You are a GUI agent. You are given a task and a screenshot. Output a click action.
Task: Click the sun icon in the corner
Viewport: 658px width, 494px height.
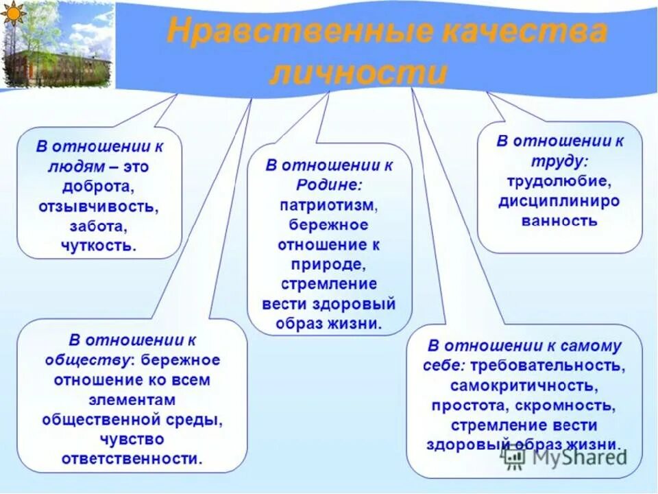(13, 13)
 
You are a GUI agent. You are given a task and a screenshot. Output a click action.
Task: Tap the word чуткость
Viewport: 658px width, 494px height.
(99, 244)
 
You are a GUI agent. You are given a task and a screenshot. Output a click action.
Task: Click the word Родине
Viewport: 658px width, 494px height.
(329, 185)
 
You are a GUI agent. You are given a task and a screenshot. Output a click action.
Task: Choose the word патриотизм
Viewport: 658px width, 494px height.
(329, 205)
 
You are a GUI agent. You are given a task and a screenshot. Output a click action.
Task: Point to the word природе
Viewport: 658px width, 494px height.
(329, 264)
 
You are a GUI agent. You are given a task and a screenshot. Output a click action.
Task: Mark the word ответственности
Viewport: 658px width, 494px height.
(132, 458)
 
